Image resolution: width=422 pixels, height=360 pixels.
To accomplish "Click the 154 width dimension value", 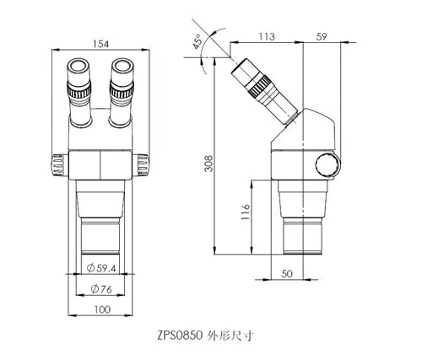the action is coord(100,44).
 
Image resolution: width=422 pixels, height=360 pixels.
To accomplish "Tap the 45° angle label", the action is coord(197,41).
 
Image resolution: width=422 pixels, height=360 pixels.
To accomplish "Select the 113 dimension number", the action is coord(267,36).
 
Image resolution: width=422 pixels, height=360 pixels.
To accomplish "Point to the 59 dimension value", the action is coord(322,36).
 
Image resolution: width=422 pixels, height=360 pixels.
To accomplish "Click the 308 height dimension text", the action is coord(208,164).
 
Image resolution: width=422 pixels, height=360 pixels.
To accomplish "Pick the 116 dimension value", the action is coord(246,212).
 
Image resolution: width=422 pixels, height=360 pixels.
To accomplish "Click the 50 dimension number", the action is coord(287,274).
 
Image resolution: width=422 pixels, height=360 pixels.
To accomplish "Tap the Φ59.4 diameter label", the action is coord(101,268).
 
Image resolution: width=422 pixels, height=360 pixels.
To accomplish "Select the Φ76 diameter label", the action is coord(101,289).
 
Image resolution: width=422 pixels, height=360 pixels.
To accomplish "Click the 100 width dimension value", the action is coord(102,309).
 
